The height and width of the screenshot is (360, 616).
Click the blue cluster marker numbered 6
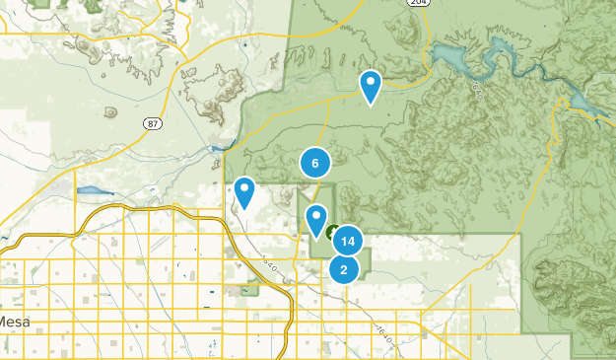314,164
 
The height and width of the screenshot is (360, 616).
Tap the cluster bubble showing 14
346,241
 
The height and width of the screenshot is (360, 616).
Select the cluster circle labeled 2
343,268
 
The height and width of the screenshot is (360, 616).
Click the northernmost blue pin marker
371,86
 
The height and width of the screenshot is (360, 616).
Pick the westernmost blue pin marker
244,191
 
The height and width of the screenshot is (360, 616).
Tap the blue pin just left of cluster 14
316,219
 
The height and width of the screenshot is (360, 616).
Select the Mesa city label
14,323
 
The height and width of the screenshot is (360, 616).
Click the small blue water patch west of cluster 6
216,150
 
